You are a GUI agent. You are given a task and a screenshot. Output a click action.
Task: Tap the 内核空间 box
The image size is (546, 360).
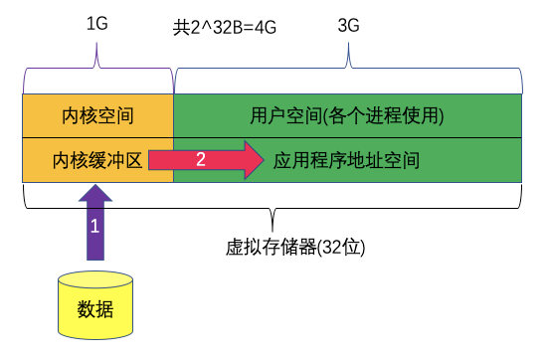click(x=97, y=116)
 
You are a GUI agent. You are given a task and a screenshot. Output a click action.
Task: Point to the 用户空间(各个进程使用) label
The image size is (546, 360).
click(x=347, y=116)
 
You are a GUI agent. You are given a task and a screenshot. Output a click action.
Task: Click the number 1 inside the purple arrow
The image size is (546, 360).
click(x=95, y=227)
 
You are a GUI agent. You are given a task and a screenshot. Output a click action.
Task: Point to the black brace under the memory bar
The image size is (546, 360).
click(x=273, y=212)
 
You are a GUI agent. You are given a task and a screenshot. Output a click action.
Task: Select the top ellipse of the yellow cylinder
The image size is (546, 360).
click(x=95, y=279)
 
